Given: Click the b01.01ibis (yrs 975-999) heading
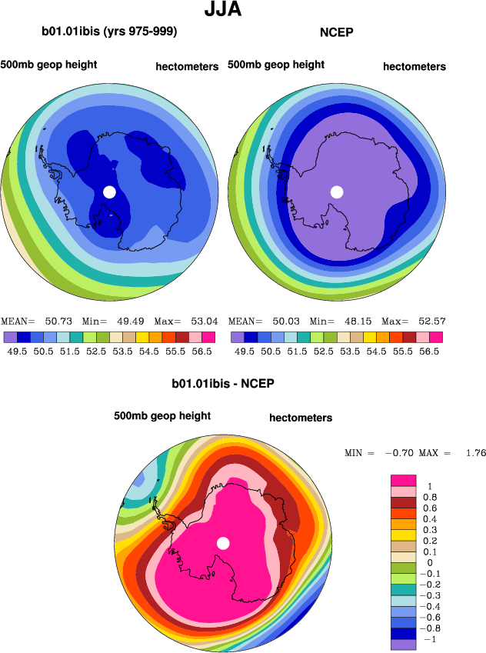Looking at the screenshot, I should [x=110, y=32].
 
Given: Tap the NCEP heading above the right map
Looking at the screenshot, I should [x=335, y=32].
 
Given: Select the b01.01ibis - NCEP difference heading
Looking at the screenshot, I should [x=223, y=382].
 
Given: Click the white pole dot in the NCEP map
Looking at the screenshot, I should [x=336, y=192].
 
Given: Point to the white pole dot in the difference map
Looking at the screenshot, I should [x=223, y=543].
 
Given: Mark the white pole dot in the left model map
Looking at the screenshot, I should [x=109, y=192].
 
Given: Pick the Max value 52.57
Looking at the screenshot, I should [x=432, y=321].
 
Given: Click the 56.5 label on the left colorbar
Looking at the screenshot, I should [x=201, y=350].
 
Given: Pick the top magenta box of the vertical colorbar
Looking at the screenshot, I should [x=404, y=480].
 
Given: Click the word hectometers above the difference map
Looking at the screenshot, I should [x=301, y=418].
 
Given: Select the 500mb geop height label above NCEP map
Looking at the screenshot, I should [x=276, y=65].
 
